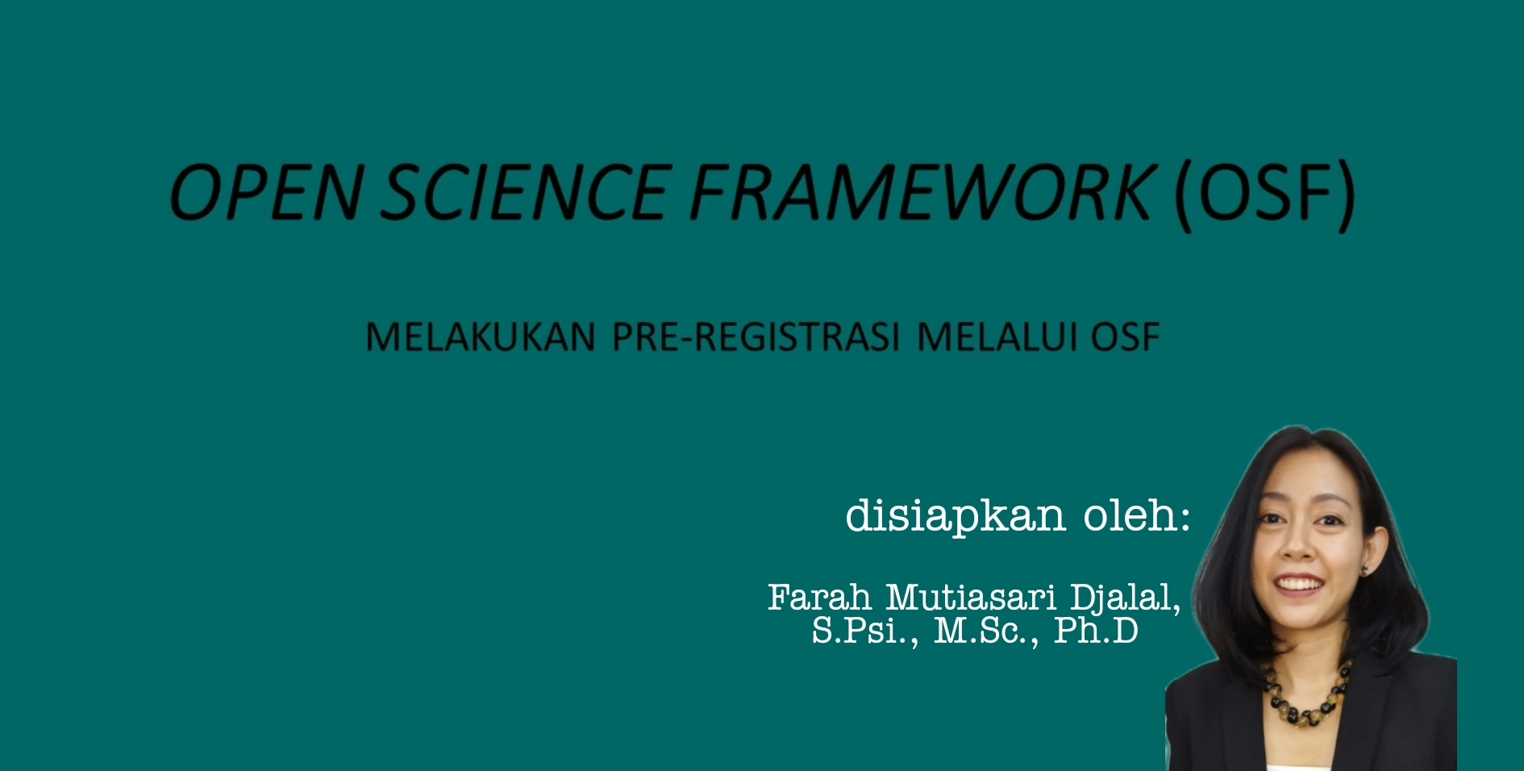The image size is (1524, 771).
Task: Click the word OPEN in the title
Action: click(265, 192)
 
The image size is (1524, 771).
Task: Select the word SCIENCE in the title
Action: click(524, 192)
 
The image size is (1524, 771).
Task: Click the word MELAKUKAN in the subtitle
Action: click(481, 337)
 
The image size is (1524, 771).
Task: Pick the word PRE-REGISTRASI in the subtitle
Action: click(756, 337)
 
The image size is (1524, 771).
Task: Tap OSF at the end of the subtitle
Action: click(1126, 337)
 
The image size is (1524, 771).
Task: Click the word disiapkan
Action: click(956, 516)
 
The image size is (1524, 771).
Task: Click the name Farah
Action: click(819, 598)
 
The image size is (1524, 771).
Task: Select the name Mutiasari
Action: click(971, 598)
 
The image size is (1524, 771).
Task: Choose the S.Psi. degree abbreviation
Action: click(865, 631)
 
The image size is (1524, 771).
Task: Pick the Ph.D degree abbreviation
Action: click(1096, 630)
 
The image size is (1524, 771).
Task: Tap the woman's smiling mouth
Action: click(1301, 584)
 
